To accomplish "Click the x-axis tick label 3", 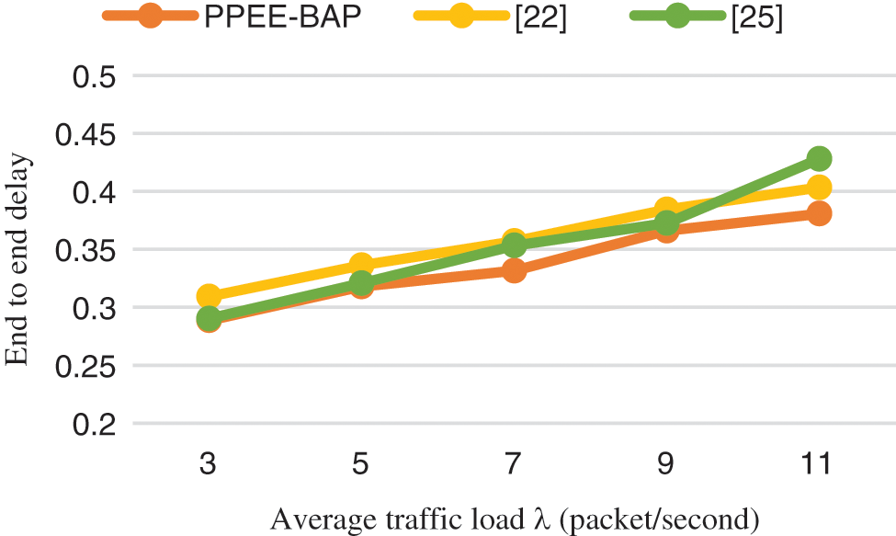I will pos(209,463).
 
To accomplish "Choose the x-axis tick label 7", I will pos(514,463).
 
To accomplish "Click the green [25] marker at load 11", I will pos(819,159).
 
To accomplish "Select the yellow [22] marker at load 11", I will pos(819,188).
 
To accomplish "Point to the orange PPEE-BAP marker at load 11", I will pos(819,213).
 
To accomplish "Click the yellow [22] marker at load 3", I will pos(209,296).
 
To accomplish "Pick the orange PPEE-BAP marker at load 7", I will pos(514,270).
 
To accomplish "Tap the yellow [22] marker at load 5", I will pos(361,266).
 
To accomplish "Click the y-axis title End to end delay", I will pos(18,261).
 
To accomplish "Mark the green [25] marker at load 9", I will pos(666,223).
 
